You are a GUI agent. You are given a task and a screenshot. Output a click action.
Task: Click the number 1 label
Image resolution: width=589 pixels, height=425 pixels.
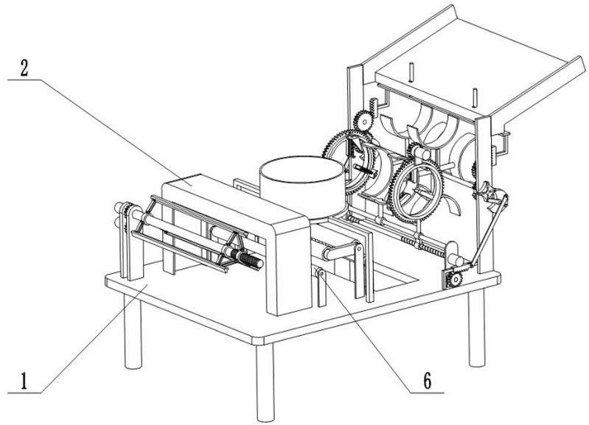tap(24, 382)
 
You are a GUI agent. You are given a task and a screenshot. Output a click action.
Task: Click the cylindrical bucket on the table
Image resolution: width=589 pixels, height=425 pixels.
tap(301, 184)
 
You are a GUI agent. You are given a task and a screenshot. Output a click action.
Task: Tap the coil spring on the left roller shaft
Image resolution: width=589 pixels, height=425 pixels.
tap(248, 259)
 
